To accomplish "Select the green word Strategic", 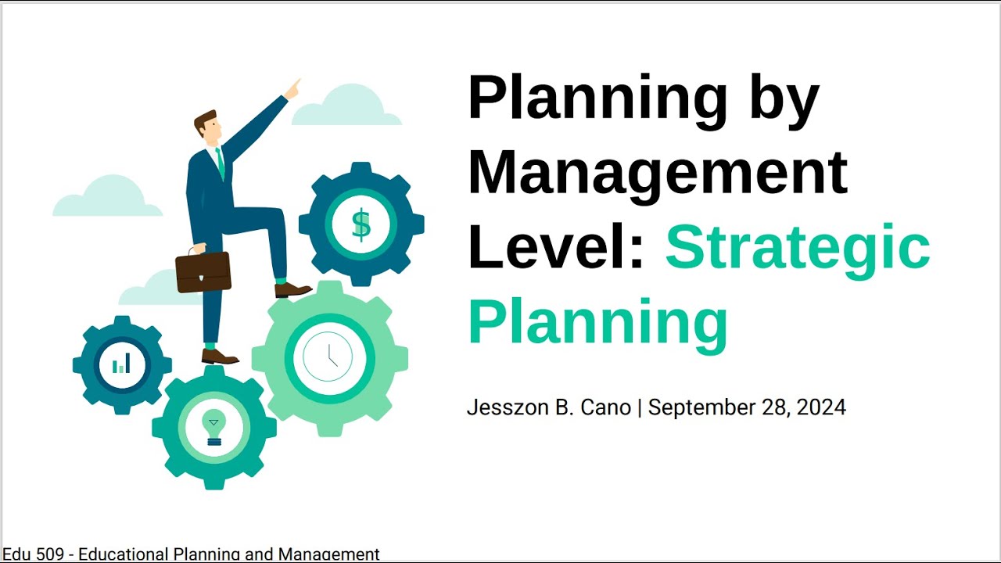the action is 798,250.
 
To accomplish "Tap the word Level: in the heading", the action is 555,246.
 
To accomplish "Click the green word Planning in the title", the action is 598,325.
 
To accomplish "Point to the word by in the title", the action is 784,101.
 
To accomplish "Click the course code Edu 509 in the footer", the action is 33,554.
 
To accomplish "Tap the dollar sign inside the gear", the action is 361,224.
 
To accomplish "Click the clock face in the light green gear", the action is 328,357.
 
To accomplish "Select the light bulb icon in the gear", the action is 214,427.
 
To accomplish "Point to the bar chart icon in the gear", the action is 121,364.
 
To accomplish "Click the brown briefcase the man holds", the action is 203,271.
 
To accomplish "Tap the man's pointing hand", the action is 292,89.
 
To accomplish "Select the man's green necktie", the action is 221,163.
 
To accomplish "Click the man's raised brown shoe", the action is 292,290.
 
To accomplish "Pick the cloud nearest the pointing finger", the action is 346,105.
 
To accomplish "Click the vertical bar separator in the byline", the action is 640,408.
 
